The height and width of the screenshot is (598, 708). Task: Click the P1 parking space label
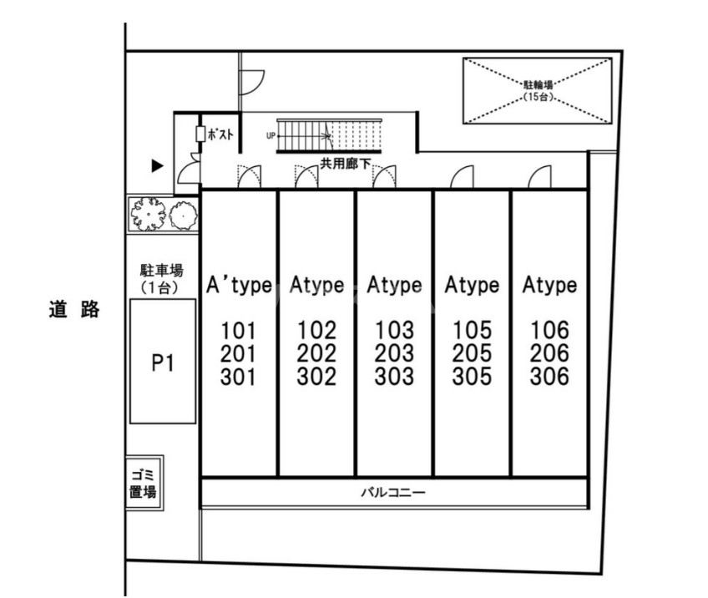pyautogui.click(x=163, y=363)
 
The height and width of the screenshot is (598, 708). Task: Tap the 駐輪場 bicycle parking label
pyautogui.click(x=539, y=84)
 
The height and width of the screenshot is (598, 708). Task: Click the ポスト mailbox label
pyautogui.click(x=220, y=134)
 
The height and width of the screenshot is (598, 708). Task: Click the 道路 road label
pyautogui.click(x=73, y=310)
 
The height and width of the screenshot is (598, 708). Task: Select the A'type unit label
pyautogui.click(x=238, y=286)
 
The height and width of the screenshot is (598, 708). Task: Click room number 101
pyautogui.click(x=238, y=330)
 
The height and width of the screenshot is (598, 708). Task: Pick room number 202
pyautogui.click(x=316, y=353)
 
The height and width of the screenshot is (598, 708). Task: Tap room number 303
pyautogui.click(x=394, y=377)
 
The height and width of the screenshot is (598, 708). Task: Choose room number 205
pyautogui.click(x=472, y=353)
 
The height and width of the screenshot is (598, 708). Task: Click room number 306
pyautogui.click(x=549, y=377)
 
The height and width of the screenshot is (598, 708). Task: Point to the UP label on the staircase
pyautogui.click(x=271, y=134)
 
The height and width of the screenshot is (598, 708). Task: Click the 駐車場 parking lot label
pyautogui.click(x=162, y=271)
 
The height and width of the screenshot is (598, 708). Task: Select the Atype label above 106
pyautogui.click(x=549, y=286)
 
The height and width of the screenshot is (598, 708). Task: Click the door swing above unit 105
pyautogui.click(x=463, y=178)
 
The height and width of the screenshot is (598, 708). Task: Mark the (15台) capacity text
pyautogui.click(x=539, y=98)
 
